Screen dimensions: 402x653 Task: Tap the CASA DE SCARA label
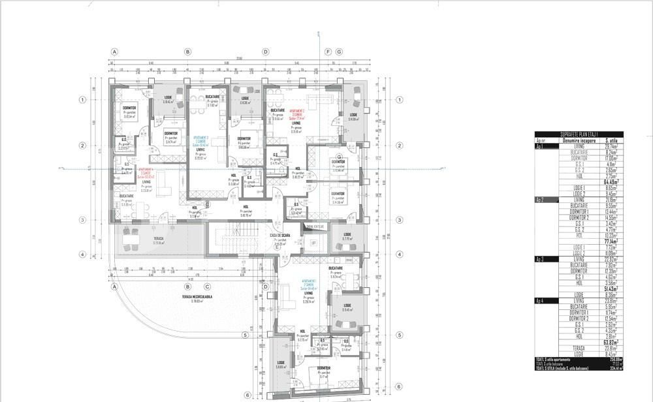(280, 236)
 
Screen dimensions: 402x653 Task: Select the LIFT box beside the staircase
(313, 243)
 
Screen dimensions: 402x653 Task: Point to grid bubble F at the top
(328, 52)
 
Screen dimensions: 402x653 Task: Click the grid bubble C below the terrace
(207, 286)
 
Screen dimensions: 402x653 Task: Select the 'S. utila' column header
(613, 140)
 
